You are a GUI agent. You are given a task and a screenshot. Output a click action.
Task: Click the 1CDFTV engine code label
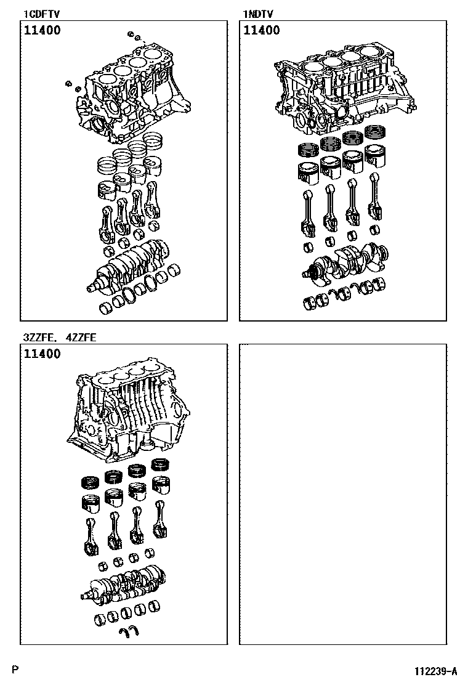click(41, 14)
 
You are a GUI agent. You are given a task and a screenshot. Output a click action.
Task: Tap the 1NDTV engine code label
click(258, 14)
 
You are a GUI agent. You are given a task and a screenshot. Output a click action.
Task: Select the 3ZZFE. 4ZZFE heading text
click(60, 337)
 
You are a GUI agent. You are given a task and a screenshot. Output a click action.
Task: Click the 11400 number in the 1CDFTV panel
click(42, 30)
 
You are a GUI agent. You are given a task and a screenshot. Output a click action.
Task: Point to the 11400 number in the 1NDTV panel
click(261, 30)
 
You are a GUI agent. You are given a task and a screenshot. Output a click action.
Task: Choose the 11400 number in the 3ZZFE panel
click(42, 354)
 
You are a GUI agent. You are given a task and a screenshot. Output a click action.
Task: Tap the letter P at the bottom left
click(15, 669)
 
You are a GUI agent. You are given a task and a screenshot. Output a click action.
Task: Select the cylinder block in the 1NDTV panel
click(345, 87)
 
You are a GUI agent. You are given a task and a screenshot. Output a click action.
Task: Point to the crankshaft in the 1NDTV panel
click(345, 262)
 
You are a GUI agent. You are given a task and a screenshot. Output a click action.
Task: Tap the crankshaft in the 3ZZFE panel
click(124, 585)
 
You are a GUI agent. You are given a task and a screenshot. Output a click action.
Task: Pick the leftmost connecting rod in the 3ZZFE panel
click(91, 537)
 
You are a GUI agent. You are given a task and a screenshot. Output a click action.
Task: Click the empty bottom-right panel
click(343, 494)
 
